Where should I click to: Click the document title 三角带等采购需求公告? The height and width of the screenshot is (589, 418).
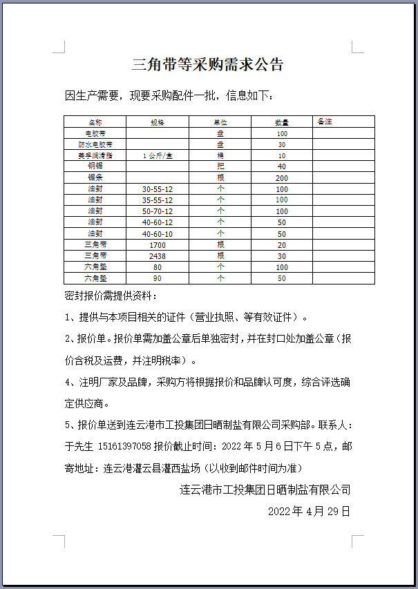click(208, 66)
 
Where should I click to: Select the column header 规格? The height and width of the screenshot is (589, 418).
click(158, 122)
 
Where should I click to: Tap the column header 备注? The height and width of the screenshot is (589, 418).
click(325, 122)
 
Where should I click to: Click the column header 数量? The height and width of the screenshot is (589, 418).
click(281, 122)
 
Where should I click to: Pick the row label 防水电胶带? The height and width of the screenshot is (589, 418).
click(95, 144)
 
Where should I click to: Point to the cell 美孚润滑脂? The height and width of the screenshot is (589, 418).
click(95, 155)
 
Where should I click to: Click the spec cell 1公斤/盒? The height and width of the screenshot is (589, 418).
click(158, 155)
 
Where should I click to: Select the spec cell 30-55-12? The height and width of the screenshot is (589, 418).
click(158, 189)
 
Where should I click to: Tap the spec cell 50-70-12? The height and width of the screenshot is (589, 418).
click(158, 211)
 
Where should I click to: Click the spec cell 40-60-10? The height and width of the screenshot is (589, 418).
click(158, 233)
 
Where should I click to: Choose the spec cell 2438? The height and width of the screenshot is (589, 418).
click(158, 255)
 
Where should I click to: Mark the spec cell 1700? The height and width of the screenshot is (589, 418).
click(158, 244)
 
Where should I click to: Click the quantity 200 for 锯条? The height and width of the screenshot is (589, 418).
click(281, 177)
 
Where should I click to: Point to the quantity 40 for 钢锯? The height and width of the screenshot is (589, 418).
click(281, 166)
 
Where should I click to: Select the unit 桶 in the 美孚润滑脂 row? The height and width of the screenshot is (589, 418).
click(220, 155)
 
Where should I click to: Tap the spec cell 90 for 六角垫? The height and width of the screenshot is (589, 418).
click(158, 278)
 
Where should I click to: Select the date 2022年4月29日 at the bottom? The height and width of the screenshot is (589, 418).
click(309, 512)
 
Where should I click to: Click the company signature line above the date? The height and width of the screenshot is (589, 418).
click(265, 490)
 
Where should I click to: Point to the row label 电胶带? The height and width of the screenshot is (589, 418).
click(95, 133)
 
